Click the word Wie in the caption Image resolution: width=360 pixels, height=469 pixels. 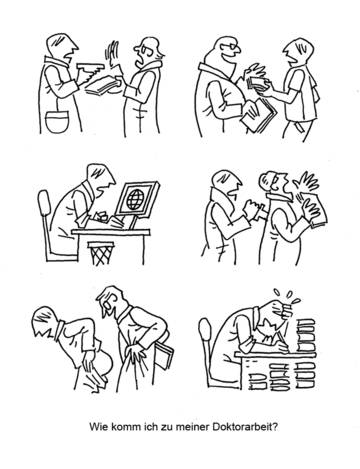[x=96, y=427]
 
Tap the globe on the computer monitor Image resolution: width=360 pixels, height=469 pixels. [x=134, y=199]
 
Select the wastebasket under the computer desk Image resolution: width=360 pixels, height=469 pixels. [x=100, y=253]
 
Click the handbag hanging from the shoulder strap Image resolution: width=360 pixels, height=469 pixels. [x=57, y=121]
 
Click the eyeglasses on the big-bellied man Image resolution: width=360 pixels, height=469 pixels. [x=231, y=49]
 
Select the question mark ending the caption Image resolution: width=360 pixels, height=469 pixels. [x=274, y=427]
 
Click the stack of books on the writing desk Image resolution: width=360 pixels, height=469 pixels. [x=307, y=336]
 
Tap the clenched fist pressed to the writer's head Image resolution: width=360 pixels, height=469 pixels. [x=285, y=310]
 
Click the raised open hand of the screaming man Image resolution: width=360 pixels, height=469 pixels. [x=305, y=184]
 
